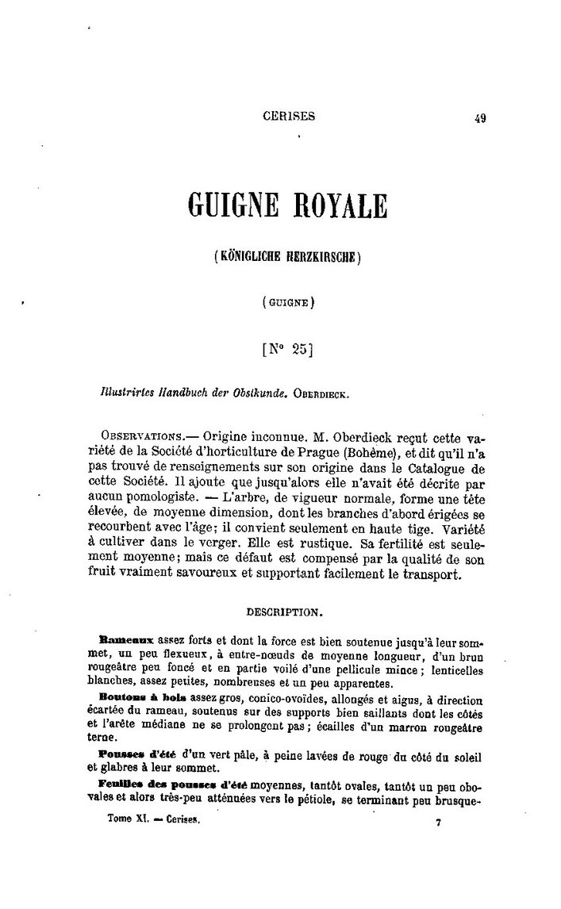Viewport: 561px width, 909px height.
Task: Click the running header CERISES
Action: coord(288,116)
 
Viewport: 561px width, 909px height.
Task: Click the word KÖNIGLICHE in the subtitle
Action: coord(254,257)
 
